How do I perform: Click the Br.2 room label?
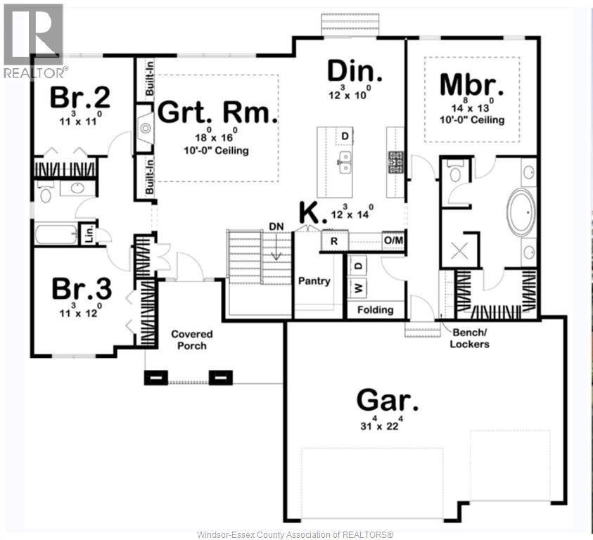pyautogui.click(x=79, y=97)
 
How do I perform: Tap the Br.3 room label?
pyautogui.click(x=82, y=288)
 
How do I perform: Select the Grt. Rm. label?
pyautogui.click(x=217, y=112)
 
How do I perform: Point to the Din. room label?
pyautogui.click(x=355, y=71)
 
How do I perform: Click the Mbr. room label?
pyautogui.click(x=471, y=84)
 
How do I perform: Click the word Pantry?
pyautogui.click(x=314, y=281)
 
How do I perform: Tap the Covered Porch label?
pyautogui.click(x=192, y=340)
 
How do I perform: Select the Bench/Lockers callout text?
pyautogui.click(x=469, y=338)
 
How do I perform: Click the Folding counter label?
pyautogui.click(x=375, y=309)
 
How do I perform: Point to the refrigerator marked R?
pyautogui.click(x=334, y=241)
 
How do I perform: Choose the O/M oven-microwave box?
pyautogui.click(x=394, y=240)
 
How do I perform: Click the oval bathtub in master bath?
pyautogui.click(x=521, y=212)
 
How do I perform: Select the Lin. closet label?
pyautogui.click(x=89, y=234)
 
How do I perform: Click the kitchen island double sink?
pyautogui.click(x=345, y=162)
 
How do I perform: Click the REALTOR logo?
pyautogui.click(x=33, y=41)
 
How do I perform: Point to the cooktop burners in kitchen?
pyautogui.click(x=396, y=162)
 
